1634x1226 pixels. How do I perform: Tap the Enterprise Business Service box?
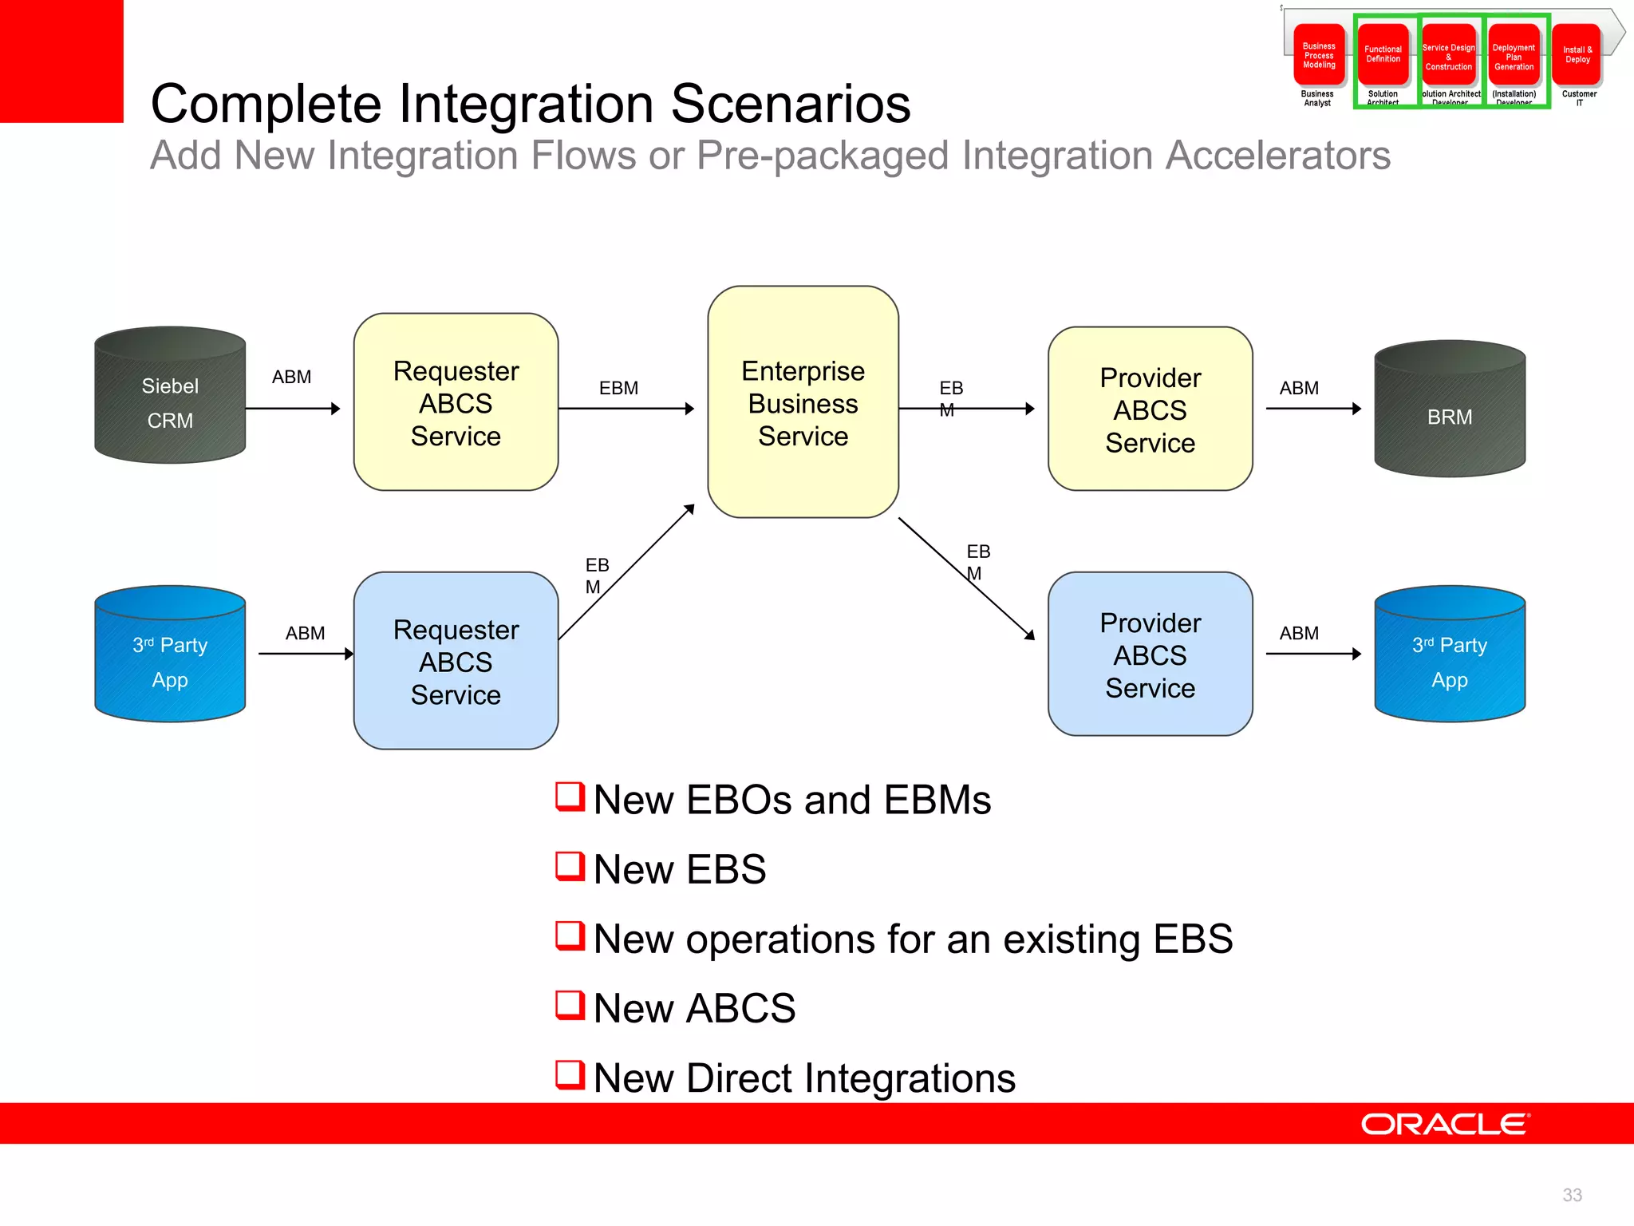point(803,402)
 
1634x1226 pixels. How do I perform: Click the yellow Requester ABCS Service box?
point(456,402)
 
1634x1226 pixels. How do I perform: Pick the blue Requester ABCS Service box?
point(456,661)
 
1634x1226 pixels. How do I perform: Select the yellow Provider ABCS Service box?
point(1150,409)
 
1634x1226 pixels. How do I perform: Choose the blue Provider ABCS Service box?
point(1150,655)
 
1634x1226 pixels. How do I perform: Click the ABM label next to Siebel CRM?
point(291,377)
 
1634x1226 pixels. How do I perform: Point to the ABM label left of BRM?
point(1299,388)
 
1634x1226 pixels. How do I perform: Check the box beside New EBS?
point(570,866)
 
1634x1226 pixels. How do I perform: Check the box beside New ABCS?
point(570,1005)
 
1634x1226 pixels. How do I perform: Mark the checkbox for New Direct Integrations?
point(570,1074)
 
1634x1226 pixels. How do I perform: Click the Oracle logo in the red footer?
point(1445,1124)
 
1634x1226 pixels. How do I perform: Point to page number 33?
point(1572,1195)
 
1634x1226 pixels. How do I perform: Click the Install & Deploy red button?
point(1577,54)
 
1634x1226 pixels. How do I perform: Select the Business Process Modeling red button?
point(1319,54)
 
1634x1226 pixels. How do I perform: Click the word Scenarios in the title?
point(790,104)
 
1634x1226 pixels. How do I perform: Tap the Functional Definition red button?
point(1383,54)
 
